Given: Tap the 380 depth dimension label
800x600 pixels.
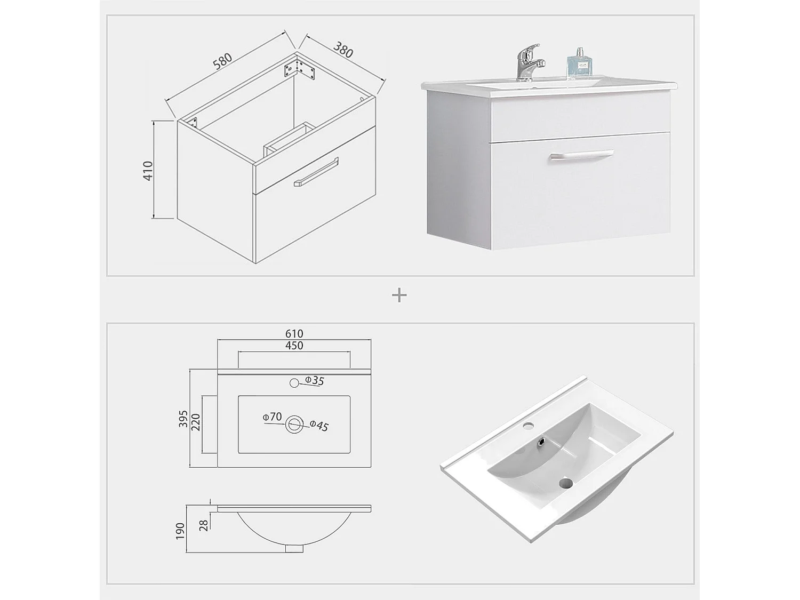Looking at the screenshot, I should tap(343, 49).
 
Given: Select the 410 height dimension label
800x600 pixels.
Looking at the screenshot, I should tap(148, 170).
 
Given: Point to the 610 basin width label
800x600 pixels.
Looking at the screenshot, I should tap(294, 334).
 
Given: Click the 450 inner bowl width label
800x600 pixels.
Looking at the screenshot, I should tap(294, 346).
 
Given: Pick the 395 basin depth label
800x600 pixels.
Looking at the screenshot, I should tap(183, 419).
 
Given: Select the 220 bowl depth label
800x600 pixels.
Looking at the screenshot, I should tap(195, 423).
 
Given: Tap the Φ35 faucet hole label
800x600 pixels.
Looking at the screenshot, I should tap(314, 380).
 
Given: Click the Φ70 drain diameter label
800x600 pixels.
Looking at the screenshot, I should tap(272, 417).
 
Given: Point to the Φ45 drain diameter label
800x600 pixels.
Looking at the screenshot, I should tap(319, 426).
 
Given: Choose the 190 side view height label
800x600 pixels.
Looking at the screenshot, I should tap(180, 531).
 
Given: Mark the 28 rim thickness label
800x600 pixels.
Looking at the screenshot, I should tap(204, 525).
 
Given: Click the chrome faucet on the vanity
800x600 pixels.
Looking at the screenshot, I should tap(529, 61).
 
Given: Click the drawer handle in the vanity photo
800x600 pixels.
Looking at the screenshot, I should tap(581, 155).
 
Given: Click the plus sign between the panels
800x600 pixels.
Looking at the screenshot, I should tap(399, 295).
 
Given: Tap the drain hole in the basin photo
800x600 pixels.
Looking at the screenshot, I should tap(565, 484).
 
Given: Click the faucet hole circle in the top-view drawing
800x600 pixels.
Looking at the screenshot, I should tap(294, 383).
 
